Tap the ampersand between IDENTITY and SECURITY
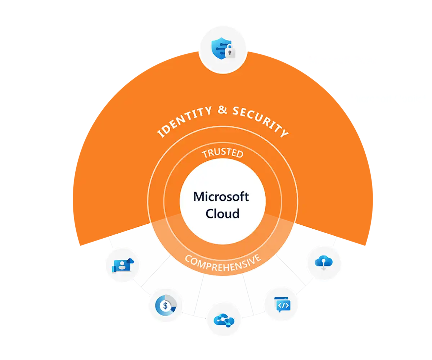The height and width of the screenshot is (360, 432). pos(222,109)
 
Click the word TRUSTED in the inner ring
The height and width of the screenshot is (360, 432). pos(222,153)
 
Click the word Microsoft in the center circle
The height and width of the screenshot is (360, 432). pos(221,197)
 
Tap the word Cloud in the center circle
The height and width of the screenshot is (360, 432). pos(222,213)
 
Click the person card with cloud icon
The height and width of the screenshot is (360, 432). pos(122,265)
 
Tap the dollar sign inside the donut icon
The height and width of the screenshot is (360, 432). pos(165,306)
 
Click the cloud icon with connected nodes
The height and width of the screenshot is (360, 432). pos(224,320)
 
